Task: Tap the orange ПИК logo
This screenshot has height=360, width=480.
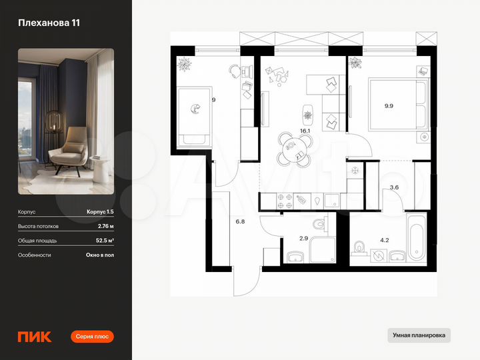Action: coord(32,337)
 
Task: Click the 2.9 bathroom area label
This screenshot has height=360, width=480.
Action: coord(303,239)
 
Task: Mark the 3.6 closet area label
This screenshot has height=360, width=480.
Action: coord(394,187)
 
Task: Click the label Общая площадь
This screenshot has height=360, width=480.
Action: coord(37,241)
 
